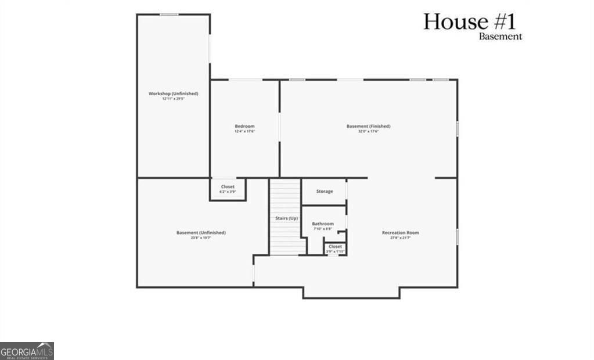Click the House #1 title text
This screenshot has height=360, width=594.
click(469, 21)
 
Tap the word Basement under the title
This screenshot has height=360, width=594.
click(500, 37)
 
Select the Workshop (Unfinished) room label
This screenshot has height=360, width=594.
click(173, 93)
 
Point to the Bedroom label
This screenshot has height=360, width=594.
click(244, 126)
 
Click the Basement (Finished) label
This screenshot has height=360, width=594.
click(368, 126)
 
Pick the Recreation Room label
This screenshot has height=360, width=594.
click(400, 233)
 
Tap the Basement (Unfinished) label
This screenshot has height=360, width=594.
click(201, 233)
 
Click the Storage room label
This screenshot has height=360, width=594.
click(325, 191)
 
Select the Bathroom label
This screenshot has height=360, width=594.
click(323, 224)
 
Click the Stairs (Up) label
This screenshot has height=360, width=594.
click(286, 218)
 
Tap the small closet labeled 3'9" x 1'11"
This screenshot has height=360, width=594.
click(335, 247)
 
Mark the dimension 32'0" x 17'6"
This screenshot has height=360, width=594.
click(368, 132)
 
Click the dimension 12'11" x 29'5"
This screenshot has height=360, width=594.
click(173, 99)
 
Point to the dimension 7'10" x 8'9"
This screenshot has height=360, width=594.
click(323, 229)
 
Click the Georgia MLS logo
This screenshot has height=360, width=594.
click(27, 351)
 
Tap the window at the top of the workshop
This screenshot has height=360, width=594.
click(169, 14)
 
